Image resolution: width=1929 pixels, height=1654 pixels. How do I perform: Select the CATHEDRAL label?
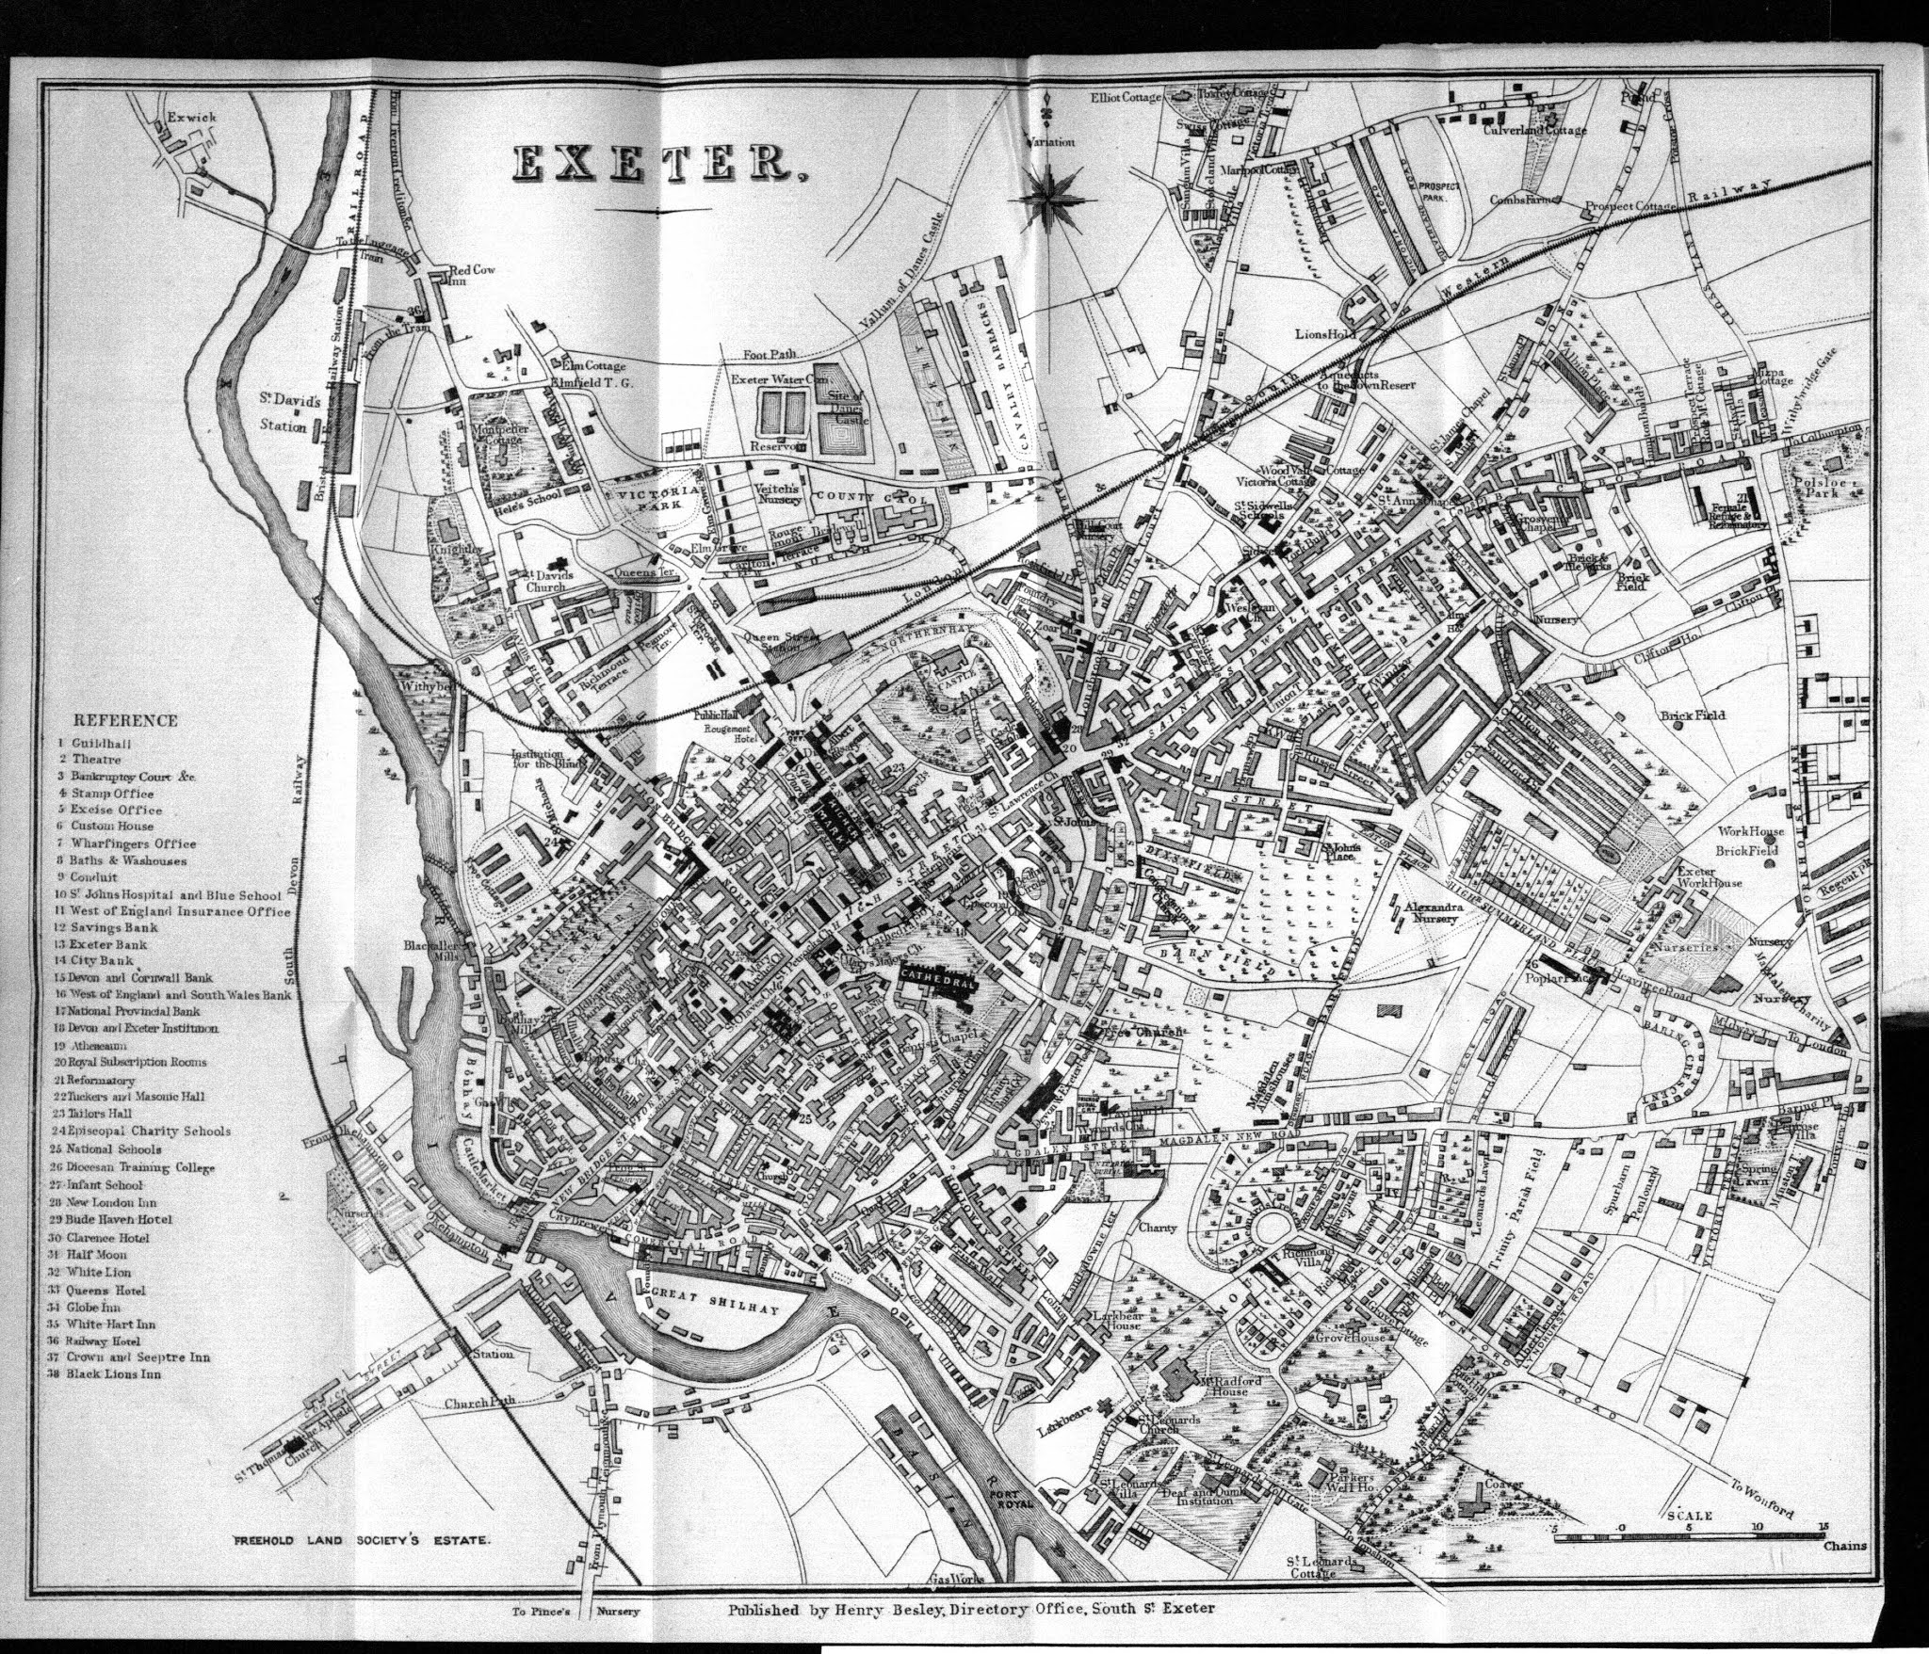click(937, 976)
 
